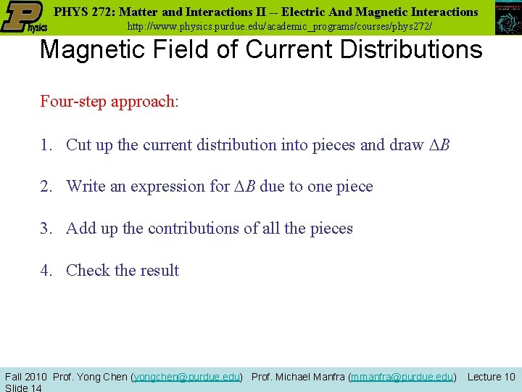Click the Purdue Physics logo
coord(24,17)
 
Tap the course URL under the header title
coord(280,26)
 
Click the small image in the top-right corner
coord(508,17)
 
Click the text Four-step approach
coord(109,101)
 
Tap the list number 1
coord(46,145)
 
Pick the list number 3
coord(46,229)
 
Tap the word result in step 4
coord(159,271)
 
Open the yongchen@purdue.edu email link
coord(187,377)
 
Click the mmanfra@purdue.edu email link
coord(402,377)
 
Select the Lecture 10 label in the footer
coord(491,377)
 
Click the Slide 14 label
coord(23,388)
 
